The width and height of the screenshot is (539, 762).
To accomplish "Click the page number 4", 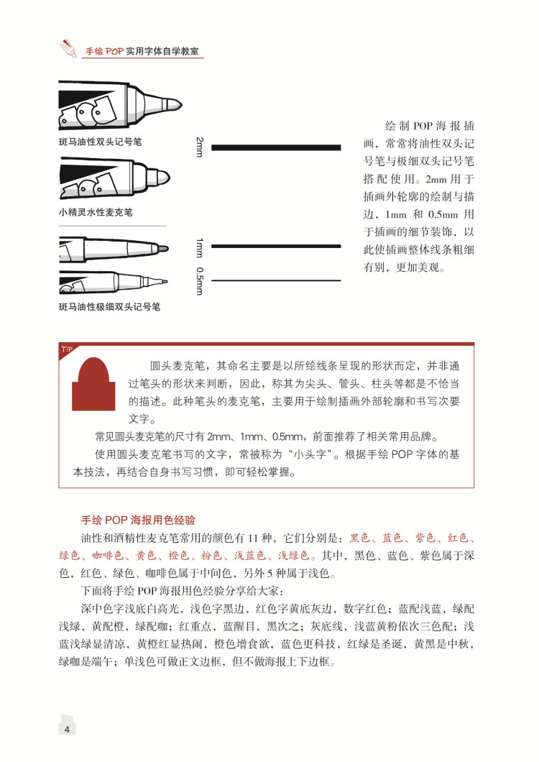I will (x=67, y=730).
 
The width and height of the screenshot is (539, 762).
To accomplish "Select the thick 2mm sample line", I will (x=275, y=147).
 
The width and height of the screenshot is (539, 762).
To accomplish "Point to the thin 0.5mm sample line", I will (x=275, y=280).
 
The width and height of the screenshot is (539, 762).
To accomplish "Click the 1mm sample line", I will (x=275, y=246).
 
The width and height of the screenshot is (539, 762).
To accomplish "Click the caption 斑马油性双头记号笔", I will (x=100, y=142).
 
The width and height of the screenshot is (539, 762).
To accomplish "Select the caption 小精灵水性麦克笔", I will (x=96, y=213).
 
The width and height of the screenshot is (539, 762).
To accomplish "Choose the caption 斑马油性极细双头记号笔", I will (x=109, y=307).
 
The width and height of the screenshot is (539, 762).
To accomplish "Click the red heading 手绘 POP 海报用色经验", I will (x=138, y=520).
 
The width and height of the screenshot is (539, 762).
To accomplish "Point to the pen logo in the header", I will (x=69, y=49).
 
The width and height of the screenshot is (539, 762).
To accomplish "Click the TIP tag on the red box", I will (x=67, y=349).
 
